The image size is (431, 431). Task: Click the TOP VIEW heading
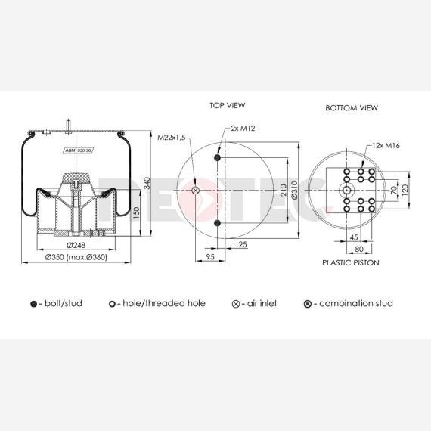pos(228,105)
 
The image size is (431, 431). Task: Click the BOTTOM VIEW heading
pos(352,107)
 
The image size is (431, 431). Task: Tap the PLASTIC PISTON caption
pos(351,263)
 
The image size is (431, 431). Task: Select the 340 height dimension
pos(147,183)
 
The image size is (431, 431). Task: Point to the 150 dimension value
pos(136,213)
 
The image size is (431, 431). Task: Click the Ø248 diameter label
pos(76,245)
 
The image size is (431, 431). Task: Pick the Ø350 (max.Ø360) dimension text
pos(76,257)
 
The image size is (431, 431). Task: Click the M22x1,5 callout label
pos(172,138)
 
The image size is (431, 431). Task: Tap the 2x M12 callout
pos(243,129)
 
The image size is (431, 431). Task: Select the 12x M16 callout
pos(386,145)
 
